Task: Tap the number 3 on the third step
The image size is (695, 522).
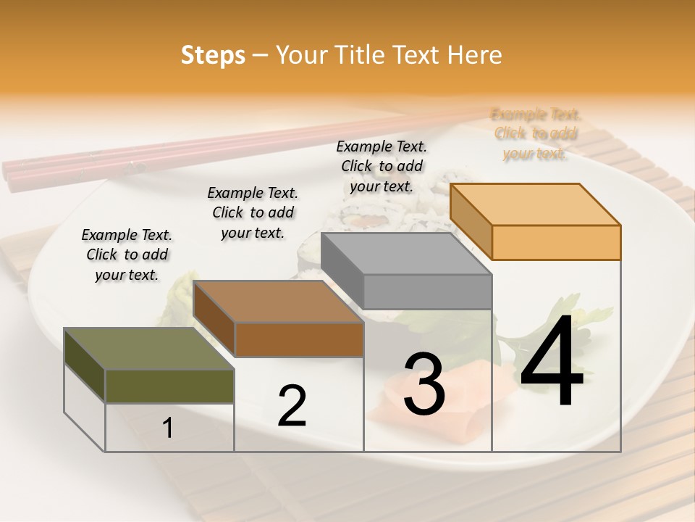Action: pos(424,384)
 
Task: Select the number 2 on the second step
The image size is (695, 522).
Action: pos(292,406)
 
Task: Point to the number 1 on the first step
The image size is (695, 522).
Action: pos(168,428)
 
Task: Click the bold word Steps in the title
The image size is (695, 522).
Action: pos(213,55)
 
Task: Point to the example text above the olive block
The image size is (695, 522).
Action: pos(127,254)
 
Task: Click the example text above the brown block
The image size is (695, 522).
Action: pos(253,212)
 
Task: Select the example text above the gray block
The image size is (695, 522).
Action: pos(382,166)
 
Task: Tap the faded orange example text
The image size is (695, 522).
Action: pos(536,133)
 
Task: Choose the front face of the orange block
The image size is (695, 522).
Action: pos(556,242)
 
